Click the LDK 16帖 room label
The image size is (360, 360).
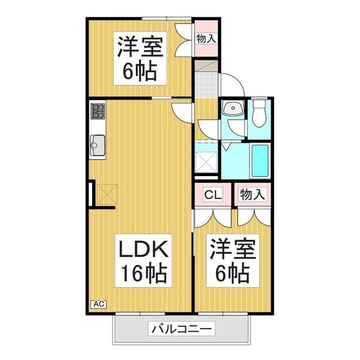[143, 262]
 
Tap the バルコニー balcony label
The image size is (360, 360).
[181, 328]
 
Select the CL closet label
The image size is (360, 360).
[213, 195]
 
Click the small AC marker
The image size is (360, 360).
[98, 304]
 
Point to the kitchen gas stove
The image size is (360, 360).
[97, 110]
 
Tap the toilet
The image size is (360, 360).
[259, 114]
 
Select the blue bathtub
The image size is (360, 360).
[259, 161]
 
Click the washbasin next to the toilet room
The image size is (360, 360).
[232, 109]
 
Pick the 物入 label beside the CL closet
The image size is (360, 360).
[251, 195]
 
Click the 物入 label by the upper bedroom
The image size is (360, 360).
[206, 38]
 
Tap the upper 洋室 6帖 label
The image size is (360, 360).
[141, 59]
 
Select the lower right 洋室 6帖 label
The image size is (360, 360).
[233, 262]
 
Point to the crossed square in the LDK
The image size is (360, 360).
[106, 194]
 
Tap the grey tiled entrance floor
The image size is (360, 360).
[206, 84]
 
